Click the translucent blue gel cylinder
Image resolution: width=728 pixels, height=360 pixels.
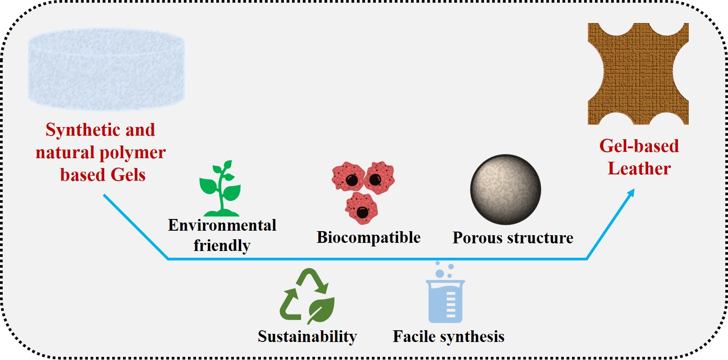106,69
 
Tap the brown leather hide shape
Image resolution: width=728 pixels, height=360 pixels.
638,74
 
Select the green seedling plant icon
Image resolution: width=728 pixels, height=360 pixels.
220,189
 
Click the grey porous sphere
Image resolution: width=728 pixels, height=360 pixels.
505,189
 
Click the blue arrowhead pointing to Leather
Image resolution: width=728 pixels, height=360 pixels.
631,193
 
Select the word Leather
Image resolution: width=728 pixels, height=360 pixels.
639,169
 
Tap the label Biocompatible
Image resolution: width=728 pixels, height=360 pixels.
368,237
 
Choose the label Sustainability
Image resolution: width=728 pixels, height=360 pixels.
307,337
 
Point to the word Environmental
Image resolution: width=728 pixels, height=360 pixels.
222,225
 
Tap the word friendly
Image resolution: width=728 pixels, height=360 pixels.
222,246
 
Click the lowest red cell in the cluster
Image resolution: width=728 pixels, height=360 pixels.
362,209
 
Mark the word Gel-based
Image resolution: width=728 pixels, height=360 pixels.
639,146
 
